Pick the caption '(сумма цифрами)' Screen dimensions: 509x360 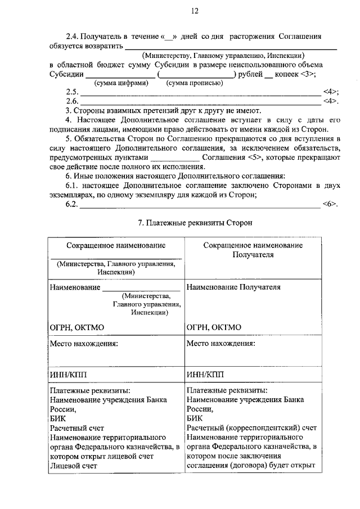(x=120, y=83)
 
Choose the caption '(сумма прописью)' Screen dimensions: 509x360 (x=193, y=83)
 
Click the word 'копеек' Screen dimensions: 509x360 (x=285, y=74)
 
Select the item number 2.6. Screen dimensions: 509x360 (x=71, y=101)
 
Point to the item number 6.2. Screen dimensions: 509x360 (x=71, y=204)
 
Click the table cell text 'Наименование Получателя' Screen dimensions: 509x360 (x=233, y=287)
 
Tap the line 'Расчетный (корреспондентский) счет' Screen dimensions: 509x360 (x=251, y=427)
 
